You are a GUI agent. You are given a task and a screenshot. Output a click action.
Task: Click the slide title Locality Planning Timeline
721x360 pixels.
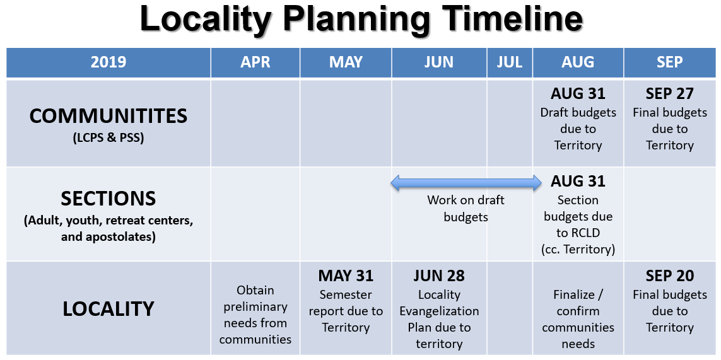coord(361,19)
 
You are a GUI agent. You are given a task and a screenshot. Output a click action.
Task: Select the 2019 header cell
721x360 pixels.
coord(108,62)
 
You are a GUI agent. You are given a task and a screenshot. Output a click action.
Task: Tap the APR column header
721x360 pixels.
coord(255,62)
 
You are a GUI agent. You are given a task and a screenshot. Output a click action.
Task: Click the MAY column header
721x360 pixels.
coord(346,62)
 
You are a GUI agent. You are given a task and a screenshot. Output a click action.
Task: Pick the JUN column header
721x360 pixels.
coord(439,62)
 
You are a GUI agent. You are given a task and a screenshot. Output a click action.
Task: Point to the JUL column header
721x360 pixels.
coord(510,62)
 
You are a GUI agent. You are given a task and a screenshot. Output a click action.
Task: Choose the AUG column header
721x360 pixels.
coord(578,62)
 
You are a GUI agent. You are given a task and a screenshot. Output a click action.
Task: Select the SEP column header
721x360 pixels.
coord(670,62)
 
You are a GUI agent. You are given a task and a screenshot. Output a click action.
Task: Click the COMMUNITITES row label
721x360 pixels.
coord(108,116)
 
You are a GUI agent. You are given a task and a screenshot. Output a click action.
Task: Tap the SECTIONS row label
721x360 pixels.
coord(108,199)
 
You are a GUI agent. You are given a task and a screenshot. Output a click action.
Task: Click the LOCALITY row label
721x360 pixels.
coord(108,309)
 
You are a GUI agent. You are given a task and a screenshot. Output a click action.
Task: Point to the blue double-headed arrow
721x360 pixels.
coord(466,183)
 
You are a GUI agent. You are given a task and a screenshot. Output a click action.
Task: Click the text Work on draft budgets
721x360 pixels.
coord(466,209)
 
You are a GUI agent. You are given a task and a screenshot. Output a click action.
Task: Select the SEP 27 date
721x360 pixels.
coord(670,94)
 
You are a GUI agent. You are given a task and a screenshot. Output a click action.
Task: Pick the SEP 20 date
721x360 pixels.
coord(670,276)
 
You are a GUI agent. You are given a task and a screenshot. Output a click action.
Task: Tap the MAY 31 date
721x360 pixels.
coord(346,276)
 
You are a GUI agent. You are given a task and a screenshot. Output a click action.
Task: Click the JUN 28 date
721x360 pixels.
coord(439,276)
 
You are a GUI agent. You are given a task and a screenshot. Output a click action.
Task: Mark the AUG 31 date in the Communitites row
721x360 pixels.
coord(578,94)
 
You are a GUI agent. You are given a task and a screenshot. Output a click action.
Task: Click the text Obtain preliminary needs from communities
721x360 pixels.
coord(255,315)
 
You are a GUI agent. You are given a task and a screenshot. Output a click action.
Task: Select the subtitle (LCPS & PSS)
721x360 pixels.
coord(108,137)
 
